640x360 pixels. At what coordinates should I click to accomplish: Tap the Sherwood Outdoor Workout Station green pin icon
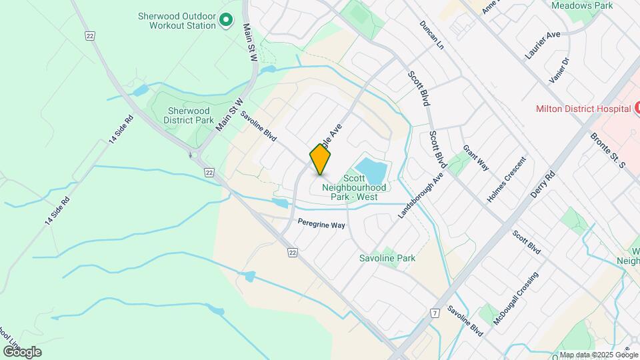coord(225,21)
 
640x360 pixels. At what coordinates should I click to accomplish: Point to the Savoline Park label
coord(387,258)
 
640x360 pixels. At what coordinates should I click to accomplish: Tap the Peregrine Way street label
coord(321,225)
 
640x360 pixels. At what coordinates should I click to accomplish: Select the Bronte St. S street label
coord(606,150)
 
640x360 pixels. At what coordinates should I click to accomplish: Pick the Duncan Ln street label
coord(431,35)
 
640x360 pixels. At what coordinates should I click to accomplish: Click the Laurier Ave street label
coord(543,45)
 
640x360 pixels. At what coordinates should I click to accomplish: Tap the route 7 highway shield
coord(435,313)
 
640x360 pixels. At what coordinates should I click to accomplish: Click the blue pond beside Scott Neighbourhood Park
coord(371,171)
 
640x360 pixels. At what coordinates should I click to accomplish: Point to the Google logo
coord(22,351)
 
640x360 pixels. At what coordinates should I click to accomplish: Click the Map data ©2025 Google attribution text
coord(599,355)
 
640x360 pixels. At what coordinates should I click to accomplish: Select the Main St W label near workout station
coord(250,44)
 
